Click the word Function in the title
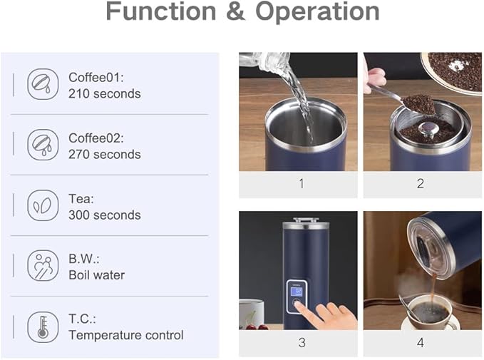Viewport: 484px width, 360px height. click(161, 11)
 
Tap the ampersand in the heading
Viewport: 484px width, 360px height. click(235, 11)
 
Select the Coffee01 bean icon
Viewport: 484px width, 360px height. click(43, 84)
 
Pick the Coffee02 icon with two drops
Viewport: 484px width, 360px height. click(43, 145)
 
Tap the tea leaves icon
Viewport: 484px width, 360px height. click(43, 205)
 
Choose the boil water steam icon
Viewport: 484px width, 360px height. click(43, 265)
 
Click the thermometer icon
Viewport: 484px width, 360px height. click(43, 327)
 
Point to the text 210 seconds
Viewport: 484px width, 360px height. click(105, 94)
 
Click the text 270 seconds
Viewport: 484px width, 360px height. click(105, 155)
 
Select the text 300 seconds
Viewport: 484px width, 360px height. click(105, 215)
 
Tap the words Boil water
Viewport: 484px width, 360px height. click(97, 275)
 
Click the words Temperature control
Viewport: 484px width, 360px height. click(126, 335)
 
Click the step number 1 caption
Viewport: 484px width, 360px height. click(302, 184)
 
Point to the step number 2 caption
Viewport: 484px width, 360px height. click(421, 184)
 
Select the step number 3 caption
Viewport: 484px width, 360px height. click(302, 342)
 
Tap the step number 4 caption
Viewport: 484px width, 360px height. click(421, 342)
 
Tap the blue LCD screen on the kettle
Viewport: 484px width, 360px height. click(297, 292)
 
